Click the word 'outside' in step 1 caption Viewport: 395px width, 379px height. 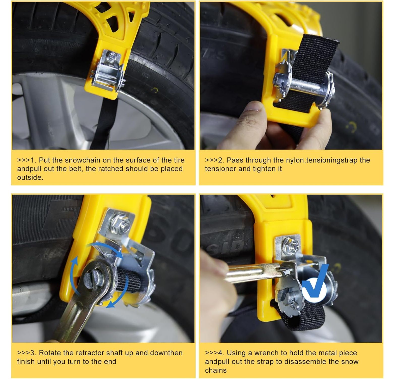(x=30, y=177)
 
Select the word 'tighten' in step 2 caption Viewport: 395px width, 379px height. (x=261, y=169)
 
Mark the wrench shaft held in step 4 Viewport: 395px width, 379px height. (x=252, y=272)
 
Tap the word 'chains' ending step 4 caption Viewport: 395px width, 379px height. (x=216, y=370)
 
